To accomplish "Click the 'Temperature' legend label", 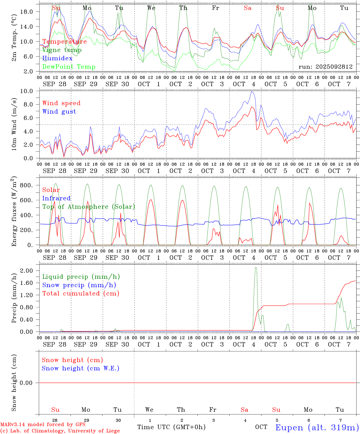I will pos(65,42).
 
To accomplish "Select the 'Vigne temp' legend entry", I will pos(62,50).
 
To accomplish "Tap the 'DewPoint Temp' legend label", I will pos(69,67).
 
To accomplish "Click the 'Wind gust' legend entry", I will pos(59,112).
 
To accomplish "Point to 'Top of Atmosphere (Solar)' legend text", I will pos(89,207).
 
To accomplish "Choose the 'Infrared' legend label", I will pos(56,198).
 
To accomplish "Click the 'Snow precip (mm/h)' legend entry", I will pos(79,285).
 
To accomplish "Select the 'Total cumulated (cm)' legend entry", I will pos(81,294).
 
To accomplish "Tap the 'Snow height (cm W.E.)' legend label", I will pos(80,368).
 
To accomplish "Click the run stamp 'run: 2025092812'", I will pos(325,67).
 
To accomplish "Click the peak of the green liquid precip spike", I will pos(256,267).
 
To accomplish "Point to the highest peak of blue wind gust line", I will pos(251,92).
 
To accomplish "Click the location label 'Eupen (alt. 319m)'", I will pos(317,427).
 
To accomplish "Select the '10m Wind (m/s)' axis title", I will pos(14,124).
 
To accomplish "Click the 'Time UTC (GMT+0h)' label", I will pos(171,427).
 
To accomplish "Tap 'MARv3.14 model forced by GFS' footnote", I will pos(43,425).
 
